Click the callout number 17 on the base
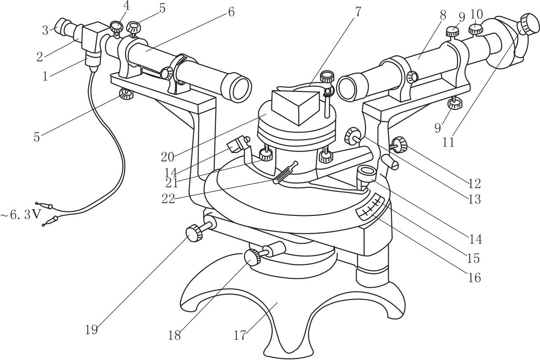pos(240,335)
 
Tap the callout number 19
pos(91,330)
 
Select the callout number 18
pos(174,335)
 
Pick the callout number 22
pos(168,199)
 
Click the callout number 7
pos(358,12)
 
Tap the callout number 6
pos(231,12)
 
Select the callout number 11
pos(449,142)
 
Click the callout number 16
pos(474,277)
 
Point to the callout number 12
pos(474,184)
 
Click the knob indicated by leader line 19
pos(194,232)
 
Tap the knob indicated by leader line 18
pos(252,257)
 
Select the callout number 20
pos(167,157)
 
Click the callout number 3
pos(45,31)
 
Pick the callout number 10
pos(476,14)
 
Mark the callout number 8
pos(443,15)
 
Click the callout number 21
pos(172,183)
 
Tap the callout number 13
pos(474,199)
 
